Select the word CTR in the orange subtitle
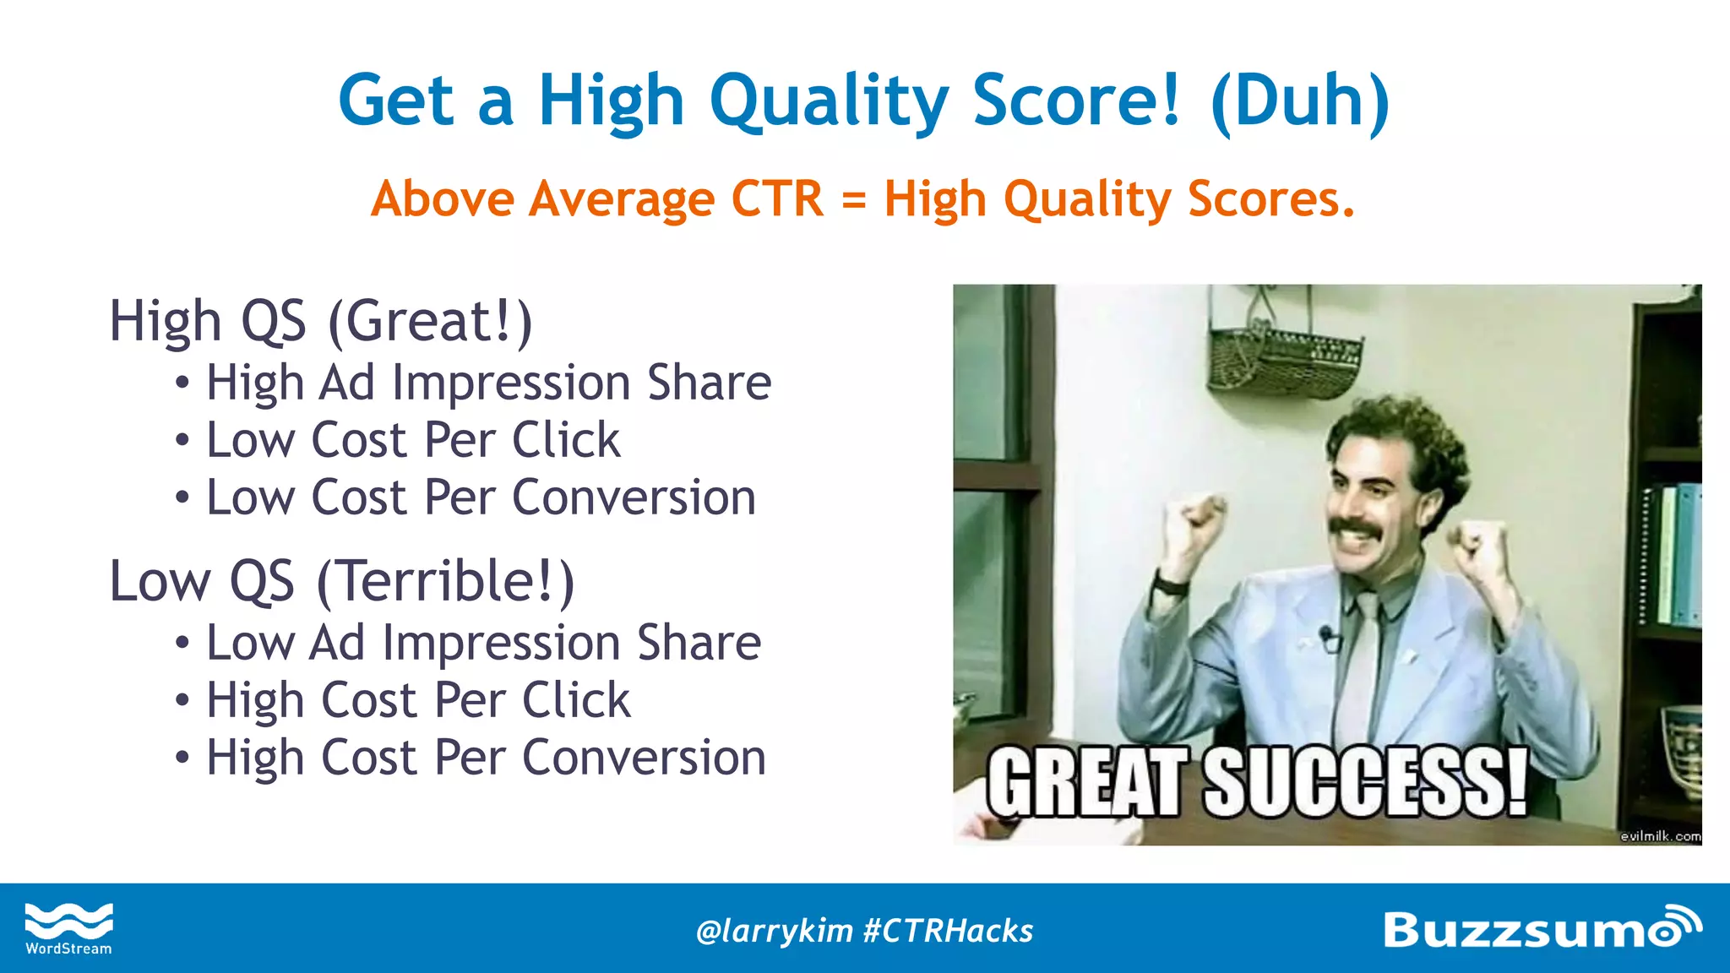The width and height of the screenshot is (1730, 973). coord(776,199)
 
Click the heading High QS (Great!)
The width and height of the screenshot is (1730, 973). coord(321,322)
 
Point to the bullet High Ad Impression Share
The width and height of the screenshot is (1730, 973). coord(488,383)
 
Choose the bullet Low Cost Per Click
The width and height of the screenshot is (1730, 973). coord(413,441)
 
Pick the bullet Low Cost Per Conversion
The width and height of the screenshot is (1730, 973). coord(481,497)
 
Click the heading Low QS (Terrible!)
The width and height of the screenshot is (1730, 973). coord(342,582)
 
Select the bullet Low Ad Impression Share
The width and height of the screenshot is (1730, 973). coord(483,644)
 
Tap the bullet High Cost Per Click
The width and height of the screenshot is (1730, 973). coord(418,701)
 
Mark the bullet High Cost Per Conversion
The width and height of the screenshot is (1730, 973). coord(486,758)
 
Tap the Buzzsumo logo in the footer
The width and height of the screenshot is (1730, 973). coord(1541,928)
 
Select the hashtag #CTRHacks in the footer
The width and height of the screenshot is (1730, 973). coord(948,931)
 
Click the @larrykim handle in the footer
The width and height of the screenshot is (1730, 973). coord(774,931)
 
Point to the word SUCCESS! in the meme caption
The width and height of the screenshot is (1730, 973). coord(1365,783)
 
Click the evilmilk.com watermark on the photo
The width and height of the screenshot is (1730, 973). coord(1659,836)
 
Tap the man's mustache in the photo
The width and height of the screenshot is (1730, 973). coord(1361,530)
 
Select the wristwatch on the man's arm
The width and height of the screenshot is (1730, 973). coord(1170,584)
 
